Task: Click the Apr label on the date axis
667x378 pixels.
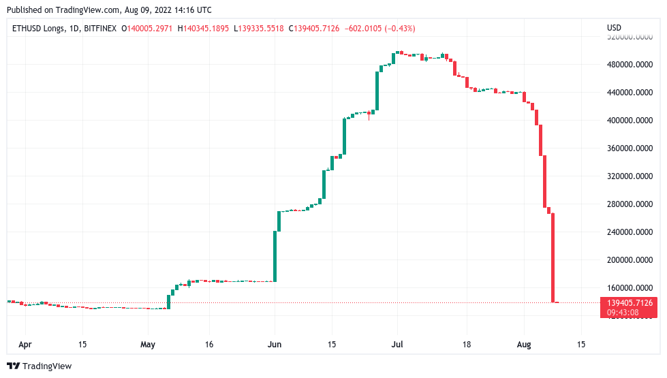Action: [x=25, y=344]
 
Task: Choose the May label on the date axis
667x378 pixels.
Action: [x=148, y=344]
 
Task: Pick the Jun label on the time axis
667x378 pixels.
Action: [x=274, y=344]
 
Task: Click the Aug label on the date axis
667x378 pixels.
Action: [x=523, y=344]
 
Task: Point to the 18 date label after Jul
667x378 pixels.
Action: [x=467, y=344]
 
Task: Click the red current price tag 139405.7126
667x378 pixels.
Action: [x=628, y=302]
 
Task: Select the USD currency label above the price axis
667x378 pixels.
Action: [x=614, y=28]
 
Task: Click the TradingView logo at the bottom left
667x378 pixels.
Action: [x=39, y=366]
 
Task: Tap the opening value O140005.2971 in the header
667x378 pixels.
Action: [x=149, y=28]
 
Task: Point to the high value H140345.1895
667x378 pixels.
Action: [x=204, y=28]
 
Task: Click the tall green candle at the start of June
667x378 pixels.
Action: [x=275, y=255]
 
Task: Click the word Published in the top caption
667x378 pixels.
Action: [x=28, y=10]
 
